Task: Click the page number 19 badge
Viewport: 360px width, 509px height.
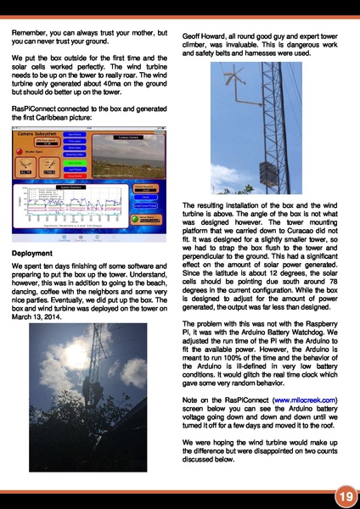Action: [343, 494]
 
